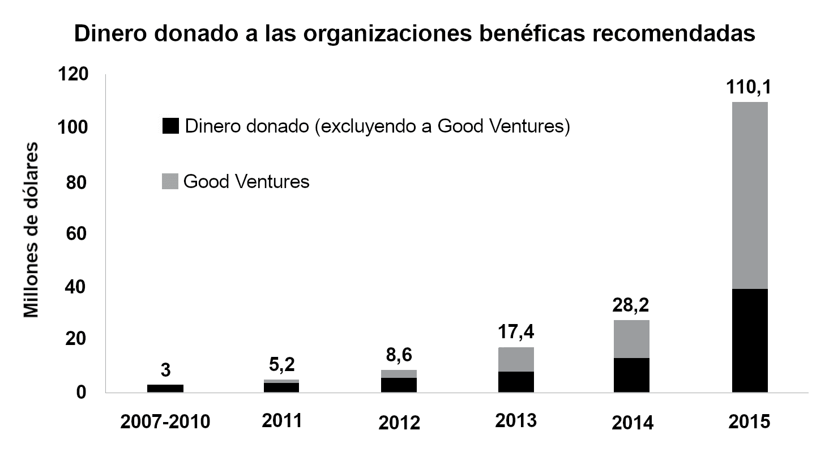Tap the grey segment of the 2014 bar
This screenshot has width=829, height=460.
pos(631,339)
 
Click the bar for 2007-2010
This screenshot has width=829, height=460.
pos(165,388)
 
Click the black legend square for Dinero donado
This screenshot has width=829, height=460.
pos(170,126)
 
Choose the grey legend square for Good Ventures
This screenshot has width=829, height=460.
pos(170,182)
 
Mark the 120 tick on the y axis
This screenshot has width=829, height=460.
pos(73,75)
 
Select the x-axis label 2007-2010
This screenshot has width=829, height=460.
pos(165,422)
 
